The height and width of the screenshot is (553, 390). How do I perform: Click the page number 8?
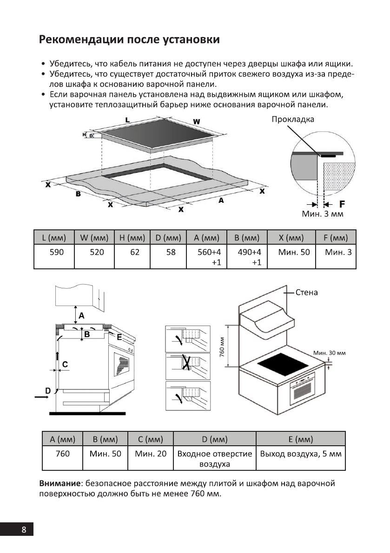[24, 530]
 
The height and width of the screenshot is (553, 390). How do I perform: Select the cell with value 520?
[94, 253]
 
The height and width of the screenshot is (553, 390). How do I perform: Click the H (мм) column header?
[132, 238]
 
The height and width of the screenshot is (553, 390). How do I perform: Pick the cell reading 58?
[168, 253]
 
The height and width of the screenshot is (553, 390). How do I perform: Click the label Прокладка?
[293, 119]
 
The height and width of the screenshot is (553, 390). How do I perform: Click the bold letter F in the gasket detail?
[342, 204]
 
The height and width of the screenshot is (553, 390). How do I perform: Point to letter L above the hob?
[127, 119]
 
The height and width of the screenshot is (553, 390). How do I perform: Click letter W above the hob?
[196, 122]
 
